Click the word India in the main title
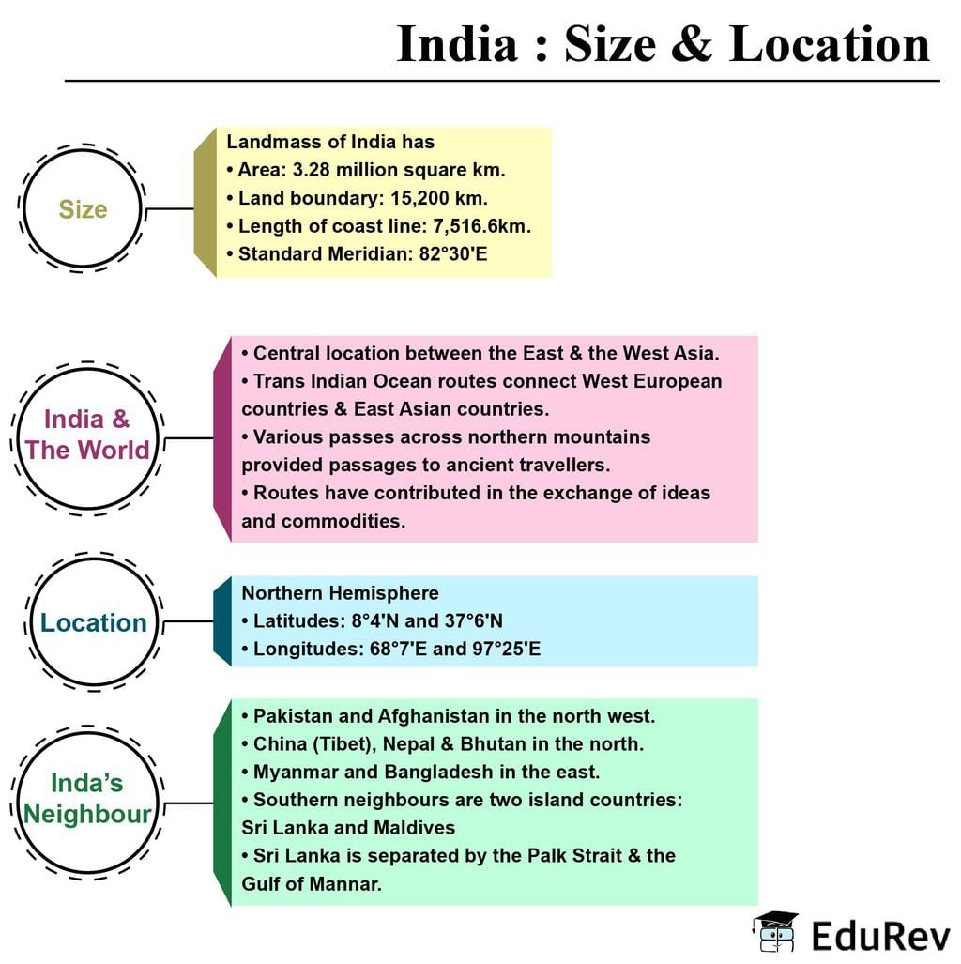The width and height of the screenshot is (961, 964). pyautogui.click(x=457, y=44)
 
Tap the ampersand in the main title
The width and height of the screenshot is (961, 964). pyautogui.click(x=692, y=44)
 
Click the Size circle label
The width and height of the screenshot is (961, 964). pyautogui.click(x=83, y=209)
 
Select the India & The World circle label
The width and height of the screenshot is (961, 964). pyautogui.click(x=86, y=435)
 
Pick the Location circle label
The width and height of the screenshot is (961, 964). pyautogui.click(x=94, y=622)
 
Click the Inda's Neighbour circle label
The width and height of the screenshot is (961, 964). pyautogui.click(x=86, y=799)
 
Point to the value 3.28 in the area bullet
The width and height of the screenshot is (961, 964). pyautogui.click(x=312, y=170)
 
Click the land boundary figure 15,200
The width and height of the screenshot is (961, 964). pyautogui.click(x=419, y=198)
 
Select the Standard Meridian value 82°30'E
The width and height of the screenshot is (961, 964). pyautogui.click(x=453, y=254)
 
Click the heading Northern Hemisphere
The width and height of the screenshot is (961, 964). pyautogui.click(x=340, y=592)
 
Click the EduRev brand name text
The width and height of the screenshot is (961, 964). pyautogui.click(x=880, y=936)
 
